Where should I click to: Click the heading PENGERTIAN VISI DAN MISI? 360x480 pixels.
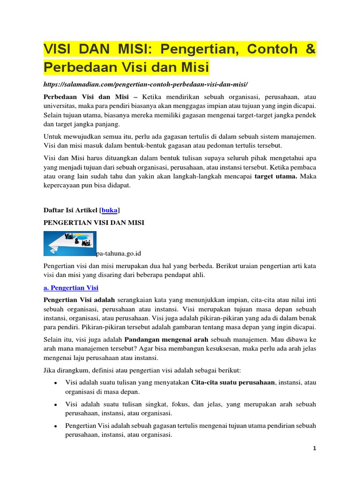coord(94,223)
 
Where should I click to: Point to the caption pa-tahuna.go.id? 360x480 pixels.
coord(118,254)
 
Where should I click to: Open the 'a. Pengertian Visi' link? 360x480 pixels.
coord(70,287)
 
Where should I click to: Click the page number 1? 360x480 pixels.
coord(315,448)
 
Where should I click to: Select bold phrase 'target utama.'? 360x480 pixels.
coord(276,177)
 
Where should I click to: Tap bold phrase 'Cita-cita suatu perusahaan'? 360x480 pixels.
coord(233,382)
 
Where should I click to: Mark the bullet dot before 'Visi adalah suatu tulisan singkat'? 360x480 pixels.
coord(56,405)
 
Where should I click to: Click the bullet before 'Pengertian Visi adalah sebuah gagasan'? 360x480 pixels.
coord(56,426)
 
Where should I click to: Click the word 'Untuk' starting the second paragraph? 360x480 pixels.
coord(52,136)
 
